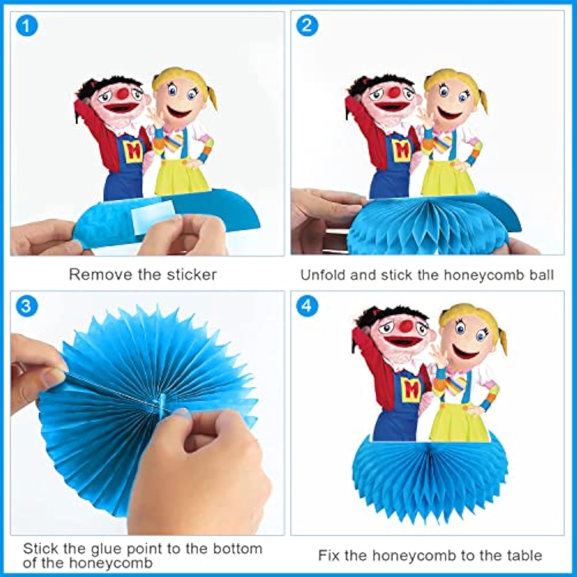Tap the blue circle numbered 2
coord(307,25)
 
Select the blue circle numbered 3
coord(27,306)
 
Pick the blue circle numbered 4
coord(307,306)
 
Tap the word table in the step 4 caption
coord(524,555)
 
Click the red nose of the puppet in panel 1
coord(123,93)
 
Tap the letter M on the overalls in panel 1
coord(133,151)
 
